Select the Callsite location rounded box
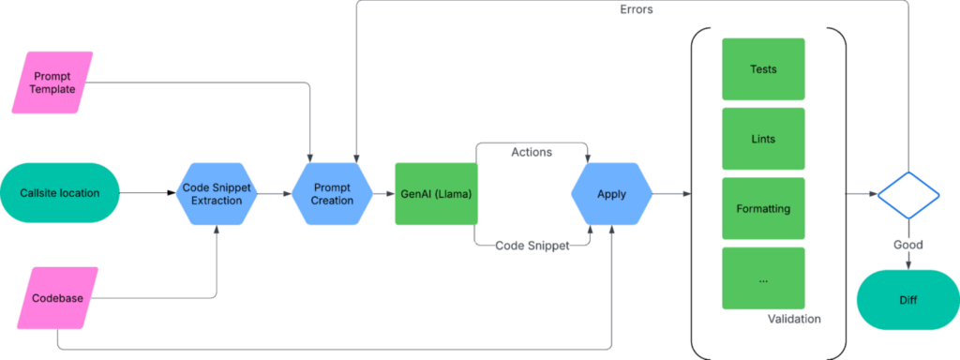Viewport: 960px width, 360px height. coord(59,194)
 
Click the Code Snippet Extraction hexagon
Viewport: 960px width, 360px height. coord(217,194)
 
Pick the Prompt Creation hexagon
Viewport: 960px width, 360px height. coord(332,194)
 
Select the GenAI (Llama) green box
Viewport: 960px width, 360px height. coord(437,194)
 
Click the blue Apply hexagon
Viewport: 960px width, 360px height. coord(611,194)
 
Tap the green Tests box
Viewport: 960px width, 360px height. coord(763,69)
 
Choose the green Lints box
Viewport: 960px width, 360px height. coord(763,139)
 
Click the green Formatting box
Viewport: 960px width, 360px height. coord(763,208)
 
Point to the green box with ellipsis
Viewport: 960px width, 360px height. coord(763,277)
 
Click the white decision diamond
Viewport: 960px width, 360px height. coord(907,194)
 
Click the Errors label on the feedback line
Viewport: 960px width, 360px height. coord(637,9)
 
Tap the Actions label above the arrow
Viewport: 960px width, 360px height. coord(530,152)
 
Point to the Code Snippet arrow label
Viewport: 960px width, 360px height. coord(530,245)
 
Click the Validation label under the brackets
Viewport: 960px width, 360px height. coord(793,320)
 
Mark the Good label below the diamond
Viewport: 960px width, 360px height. coord(907,245)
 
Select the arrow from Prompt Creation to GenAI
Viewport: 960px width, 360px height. coord(382,194)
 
